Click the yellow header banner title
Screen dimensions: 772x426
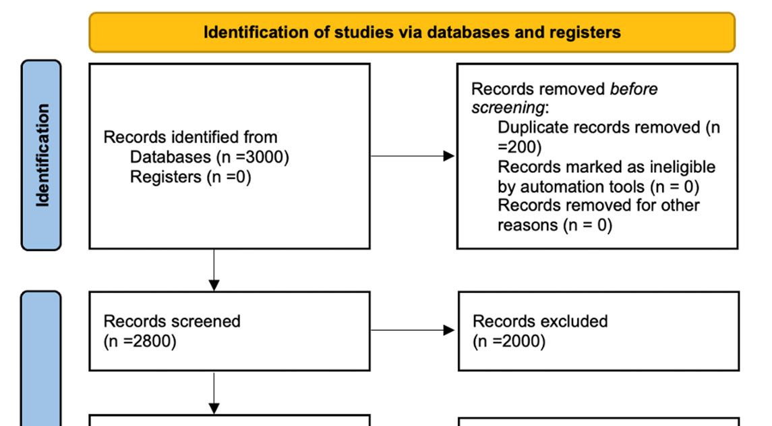pyautogui.click(x=412, y=32)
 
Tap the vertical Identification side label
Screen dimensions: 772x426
pyautogui.click(x=42, y=155)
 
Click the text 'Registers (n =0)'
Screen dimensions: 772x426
pyautogui.click(x=191, y=176)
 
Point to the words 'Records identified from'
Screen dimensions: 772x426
pyautogui.click(x=191, y=137)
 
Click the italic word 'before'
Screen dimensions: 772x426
pyautogui.click(x=634, y=88)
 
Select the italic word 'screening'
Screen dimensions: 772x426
pyautogui.click(x=508, y=107)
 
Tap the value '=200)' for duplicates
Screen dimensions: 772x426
pyautogui.click(x=519, y=147)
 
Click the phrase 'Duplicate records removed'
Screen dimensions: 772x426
pyautogui.click(x=599, y=127)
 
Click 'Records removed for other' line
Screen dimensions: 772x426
pyautogui.click(x=599, y=205)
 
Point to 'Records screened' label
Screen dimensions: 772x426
pyautogui.click(x=172, y=321)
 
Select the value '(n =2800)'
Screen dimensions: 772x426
pyautogui.click(x=140, y=341)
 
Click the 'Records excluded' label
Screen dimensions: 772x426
pyautogui.click(x=540, y=321)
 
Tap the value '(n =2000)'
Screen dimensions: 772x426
pyautogui.click(x=509, y=341)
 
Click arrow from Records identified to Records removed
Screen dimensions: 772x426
pyautogui.click(x=413, y=157)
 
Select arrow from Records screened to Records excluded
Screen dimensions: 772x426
pyautogui.click(x=413, y=330)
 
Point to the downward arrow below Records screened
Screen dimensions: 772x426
pyautogui.click(x=214, y=394)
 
